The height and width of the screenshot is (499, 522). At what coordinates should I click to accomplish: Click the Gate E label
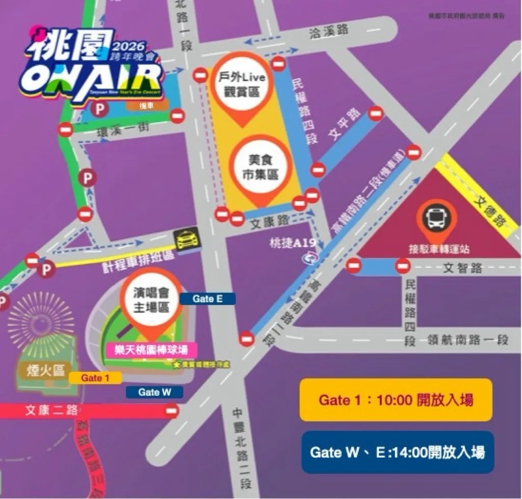click(x=207, y=299)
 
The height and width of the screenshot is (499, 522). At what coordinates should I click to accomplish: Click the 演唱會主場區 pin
click(x=151, y=300)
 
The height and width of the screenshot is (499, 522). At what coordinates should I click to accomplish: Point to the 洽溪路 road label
click(x=329, y=30)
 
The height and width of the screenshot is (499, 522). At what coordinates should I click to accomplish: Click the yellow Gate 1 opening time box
click(x=396, y=400)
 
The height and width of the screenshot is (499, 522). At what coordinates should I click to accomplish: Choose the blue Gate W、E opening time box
click(x=398, y=452)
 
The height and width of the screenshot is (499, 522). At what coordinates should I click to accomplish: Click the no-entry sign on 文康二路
click(x=173, y=410)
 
